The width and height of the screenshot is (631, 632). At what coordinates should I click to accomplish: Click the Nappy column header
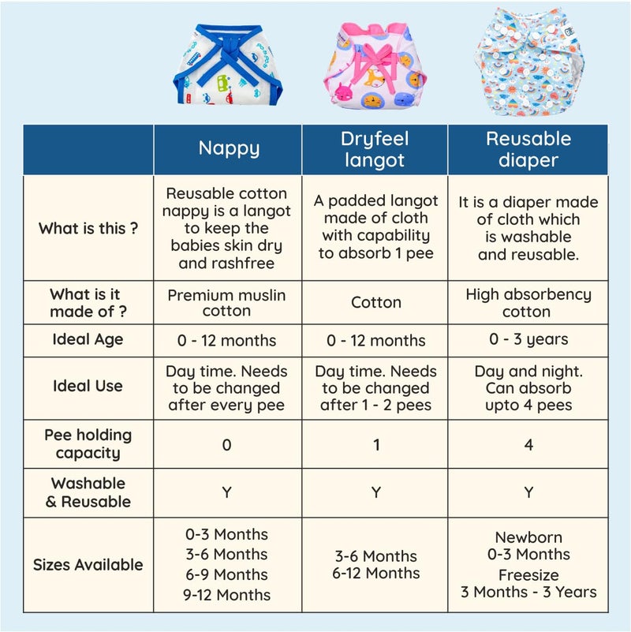pos(229,149)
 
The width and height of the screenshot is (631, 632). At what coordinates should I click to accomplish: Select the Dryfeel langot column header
pos(375,149)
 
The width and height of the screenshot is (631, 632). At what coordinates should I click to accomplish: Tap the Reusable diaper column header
pos(528,149)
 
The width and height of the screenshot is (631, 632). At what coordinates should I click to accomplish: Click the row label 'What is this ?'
pos(88,229)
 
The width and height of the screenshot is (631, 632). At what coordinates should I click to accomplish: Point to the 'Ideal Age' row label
pos(88,340)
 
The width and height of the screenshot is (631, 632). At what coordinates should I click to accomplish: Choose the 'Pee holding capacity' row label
pos(88,443)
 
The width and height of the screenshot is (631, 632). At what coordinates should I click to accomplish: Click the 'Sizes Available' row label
pos(88,565)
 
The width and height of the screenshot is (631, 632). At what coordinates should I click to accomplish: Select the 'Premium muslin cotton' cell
pos(226,303)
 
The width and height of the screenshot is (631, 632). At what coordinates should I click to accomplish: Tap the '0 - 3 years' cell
pos(528,339)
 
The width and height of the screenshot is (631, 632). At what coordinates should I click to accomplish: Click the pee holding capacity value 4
pos(528,444)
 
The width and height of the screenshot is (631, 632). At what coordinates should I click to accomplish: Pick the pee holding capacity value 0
pos(227,445)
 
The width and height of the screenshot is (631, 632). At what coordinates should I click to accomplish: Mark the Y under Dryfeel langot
pos(376,492)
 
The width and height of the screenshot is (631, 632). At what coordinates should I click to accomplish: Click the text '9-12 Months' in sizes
pos(226,595)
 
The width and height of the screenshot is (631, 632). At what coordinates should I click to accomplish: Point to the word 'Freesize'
pos(528,575)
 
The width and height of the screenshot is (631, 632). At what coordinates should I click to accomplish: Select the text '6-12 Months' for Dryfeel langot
pos(376,573)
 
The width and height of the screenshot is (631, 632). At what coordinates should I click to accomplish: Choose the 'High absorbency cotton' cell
pos(528,303)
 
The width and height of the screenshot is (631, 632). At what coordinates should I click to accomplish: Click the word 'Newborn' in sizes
pos(528,537)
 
